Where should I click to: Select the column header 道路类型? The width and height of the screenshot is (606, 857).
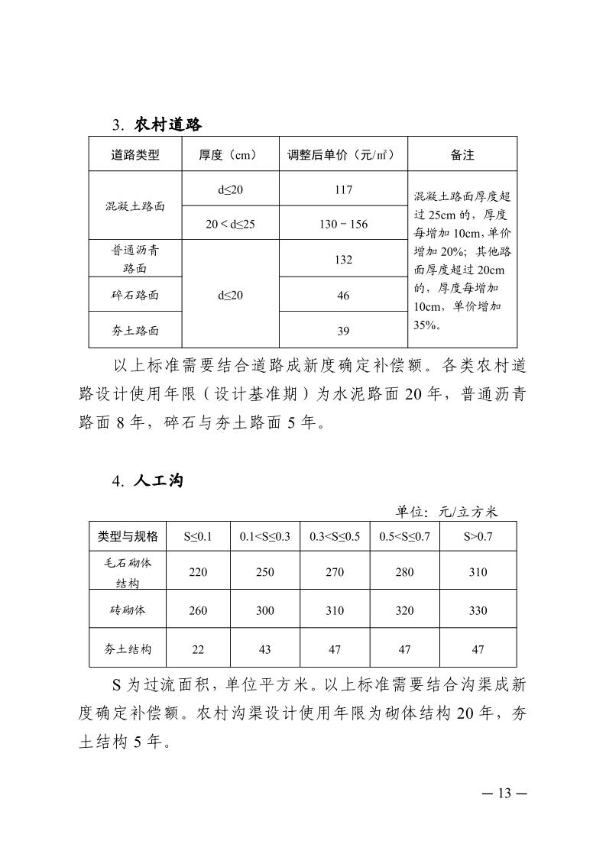tap(134, 154)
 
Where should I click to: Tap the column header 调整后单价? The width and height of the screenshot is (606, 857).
tap(343, 154)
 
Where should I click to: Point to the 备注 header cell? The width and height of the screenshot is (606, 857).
tap(462, 154)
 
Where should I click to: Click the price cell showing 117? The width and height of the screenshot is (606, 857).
tap(343, 189)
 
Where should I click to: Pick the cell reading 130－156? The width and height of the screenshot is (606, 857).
tap(343, 224)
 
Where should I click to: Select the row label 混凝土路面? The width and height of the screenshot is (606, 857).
tap(134, 206)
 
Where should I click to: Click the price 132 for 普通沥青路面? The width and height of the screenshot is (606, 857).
tap(343, 260)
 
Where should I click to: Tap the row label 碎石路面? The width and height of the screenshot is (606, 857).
tap(134, 295)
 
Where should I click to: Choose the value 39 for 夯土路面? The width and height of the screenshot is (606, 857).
tap(343, 330)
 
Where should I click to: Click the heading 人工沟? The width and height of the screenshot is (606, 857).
tap(158, 481)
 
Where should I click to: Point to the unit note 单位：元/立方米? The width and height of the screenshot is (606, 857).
tap(446, 511)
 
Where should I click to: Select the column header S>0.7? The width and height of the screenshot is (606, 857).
tap(478, 536)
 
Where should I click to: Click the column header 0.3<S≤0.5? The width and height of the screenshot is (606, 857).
tap(335, 536)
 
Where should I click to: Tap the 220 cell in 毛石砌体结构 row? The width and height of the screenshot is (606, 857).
tap(197, 572)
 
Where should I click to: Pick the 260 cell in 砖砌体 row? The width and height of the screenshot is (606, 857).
tap(197, 610)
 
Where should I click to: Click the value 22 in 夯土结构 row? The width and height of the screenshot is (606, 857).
tap(197, 649)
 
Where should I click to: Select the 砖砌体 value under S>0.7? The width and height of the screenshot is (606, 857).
tap(478, 610)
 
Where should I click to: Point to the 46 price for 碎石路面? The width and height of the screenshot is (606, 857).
tap(343, 295)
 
